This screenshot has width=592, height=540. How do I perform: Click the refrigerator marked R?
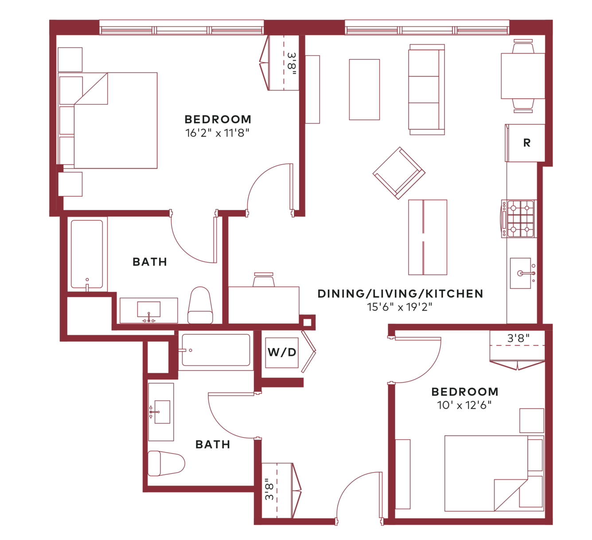coord(525,143)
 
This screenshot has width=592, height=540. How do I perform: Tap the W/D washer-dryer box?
coord(281,353)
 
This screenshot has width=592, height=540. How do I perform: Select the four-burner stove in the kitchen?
coord(518,218)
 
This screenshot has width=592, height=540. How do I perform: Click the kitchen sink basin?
coord(521,273)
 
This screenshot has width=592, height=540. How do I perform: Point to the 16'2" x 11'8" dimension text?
coord(217,133)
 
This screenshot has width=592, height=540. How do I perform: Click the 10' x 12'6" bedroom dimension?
coord(464,405)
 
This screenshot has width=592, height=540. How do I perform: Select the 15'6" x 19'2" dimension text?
coord(400,307)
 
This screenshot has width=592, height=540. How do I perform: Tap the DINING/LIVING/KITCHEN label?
coord(400,293)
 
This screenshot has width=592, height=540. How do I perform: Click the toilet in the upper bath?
coord(200,305)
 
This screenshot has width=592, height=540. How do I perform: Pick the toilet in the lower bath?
coord(166,463)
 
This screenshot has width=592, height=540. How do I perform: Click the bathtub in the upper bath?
coord(87,254)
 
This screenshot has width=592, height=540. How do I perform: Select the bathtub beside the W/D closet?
coord(216,350)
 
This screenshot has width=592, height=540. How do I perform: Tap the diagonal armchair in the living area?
coord(399,173)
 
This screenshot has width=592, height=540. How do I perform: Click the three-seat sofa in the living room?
coord(427,90)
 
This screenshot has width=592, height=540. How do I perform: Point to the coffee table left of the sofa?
coord(364,90)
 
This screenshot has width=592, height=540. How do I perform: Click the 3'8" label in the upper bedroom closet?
coord(292,64)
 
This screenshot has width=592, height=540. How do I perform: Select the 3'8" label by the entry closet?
coord(269,489)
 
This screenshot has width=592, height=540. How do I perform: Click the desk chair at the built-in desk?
coord(264,280)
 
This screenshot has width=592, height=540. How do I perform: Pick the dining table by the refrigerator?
coord(522,76)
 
